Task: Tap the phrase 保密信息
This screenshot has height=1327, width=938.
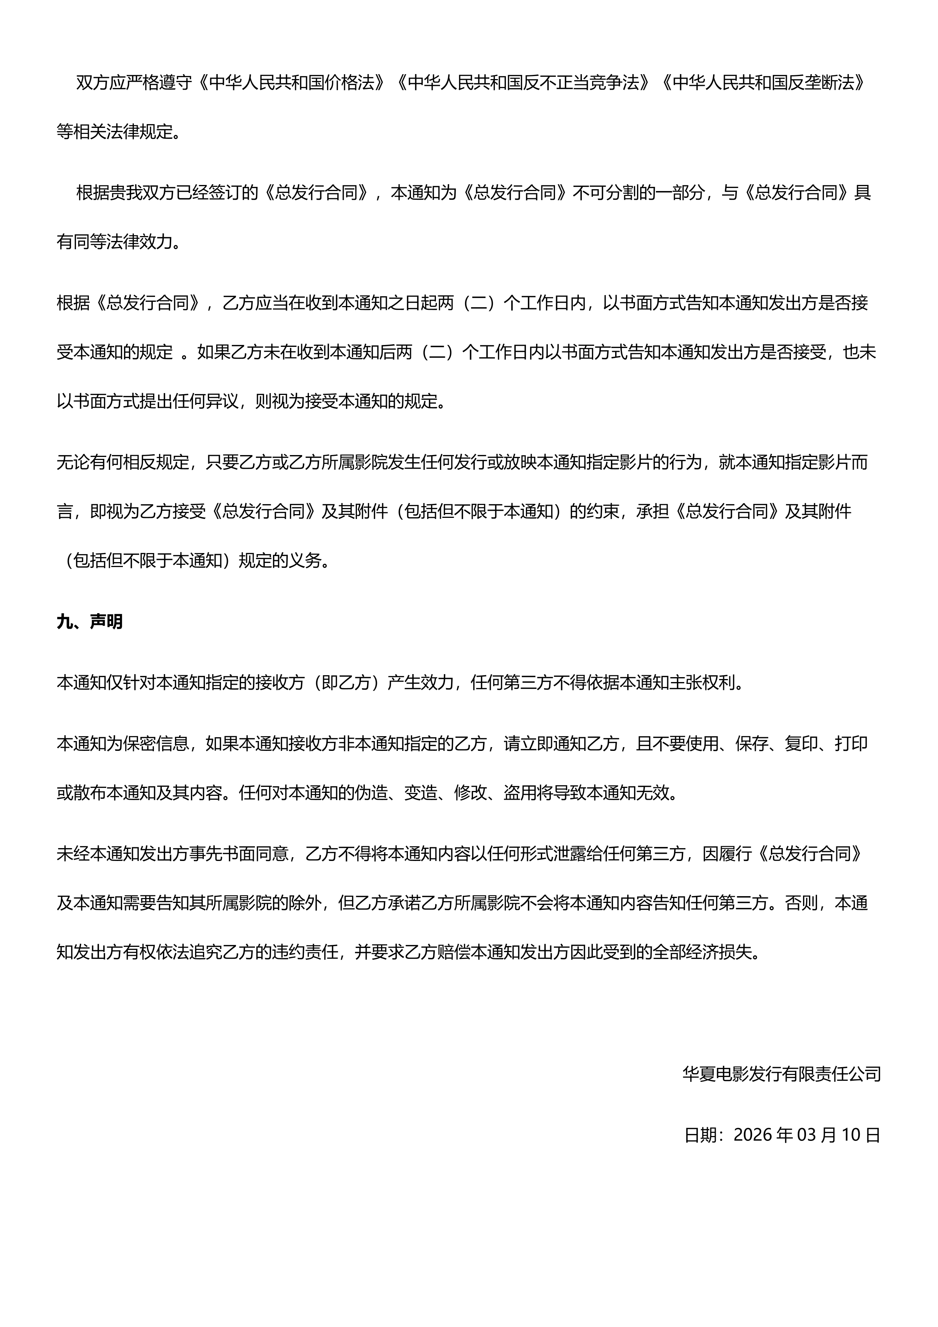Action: (156, 743)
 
